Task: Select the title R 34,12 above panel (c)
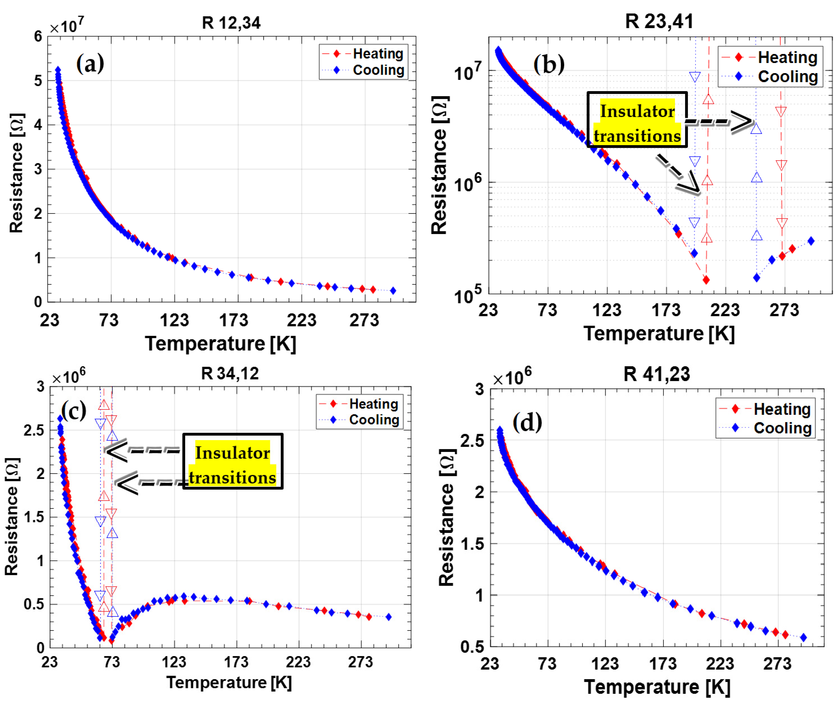(230, 374)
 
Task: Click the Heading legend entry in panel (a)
(377, 53)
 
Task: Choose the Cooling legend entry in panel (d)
(782, 428)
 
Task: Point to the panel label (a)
(90, 64)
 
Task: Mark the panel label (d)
(527, 422)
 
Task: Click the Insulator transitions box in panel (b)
(637, 120)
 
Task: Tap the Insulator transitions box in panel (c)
(233, 461)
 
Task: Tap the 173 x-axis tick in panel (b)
(666, 310)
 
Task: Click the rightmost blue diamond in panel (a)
(393, 291)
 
